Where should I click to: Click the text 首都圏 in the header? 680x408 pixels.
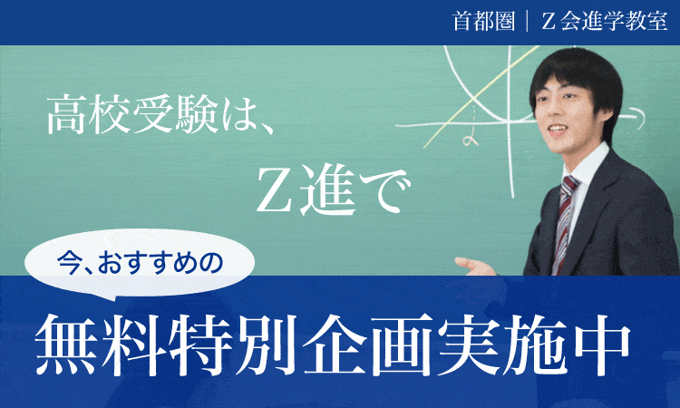(x=483, y=21)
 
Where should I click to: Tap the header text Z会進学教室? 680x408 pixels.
(x=605, y=21)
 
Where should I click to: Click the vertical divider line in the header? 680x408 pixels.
(x=528, y=21)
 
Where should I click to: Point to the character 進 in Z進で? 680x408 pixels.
(x=328, y=189)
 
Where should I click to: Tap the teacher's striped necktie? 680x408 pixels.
(x=565, y=221)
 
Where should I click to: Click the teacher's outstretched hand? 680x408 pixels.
(x=475, y=266)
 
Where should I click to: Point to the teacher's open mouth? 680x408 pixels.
(x=558, y=129)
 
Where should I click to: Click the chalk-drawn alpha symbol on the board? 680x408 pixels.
(x=470, y=140)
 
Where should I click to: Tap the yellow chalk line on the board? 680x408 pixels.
(x=481, y=97)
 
